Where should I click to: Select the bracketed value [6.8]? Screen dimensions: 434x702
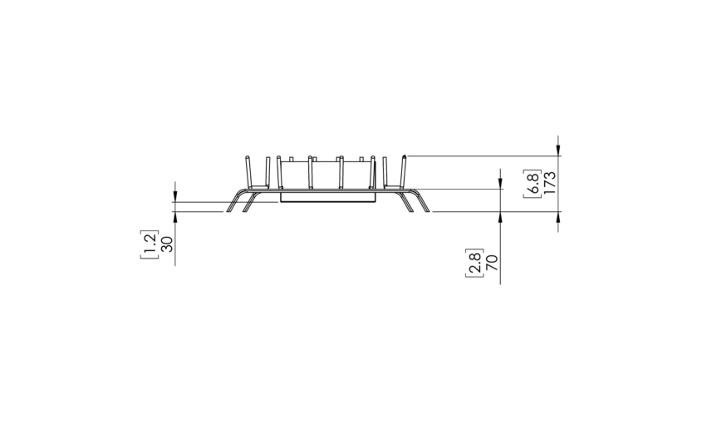533,183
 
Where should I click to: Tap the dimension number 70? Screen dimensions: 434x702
491,263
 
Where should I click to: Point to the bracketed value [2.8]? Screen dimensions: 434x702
474,263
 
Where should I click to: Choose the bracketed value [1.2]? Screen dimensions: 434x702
150,244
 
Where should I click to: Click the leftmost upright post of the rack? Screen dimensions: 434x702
248,173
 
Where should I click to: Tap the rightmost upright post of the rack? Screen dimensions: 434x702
404,172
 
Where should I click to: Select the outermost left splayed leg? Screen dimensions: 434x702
233,204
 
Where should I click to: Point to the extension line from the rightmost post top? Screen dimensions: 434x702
482,155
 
